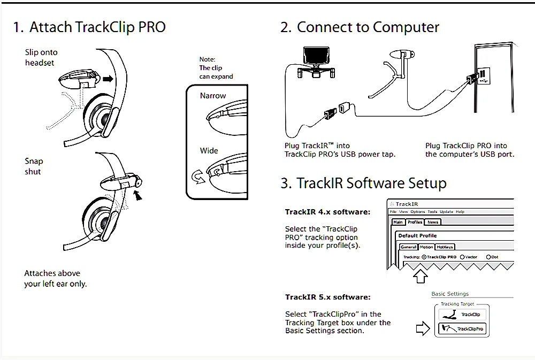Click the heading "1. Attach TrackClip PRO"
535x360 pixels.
click(x=89, y=27)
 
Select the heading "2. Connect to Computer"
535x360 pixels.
click(x=360, y=27)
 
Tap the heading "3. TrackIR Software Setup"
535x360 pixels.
click(x=363, y=183)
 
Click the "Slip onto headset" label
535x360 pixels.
click(x=41, y=57)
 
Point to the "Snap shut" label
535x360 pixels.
click(x=33, y=166)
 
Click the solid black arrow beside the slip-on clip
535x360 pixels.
click(x=109, y=79)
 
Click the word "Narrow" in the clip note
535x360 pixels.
click(x=213, y=96)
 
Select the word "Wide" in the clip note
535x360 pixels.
click(x=209, y=150)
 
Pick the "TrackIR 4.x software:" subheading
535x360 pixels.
click(x=327, y=212)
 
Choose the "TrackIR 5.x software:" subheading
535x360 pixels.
click(x=327, y=297)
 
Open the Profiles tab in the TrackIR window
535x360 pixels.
click(x=415, y=222)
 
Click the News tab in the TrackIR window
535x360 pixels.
click(x=433, y=222)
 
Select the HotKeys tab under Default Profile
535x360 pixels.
click(x=445, y=247)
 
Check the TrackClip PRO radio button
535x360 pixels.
click(x=424, y=257)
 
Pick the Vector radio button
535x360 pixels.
click(x=462, y=257)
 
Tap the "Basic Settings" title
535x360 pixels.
click(x=450, y=294)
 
